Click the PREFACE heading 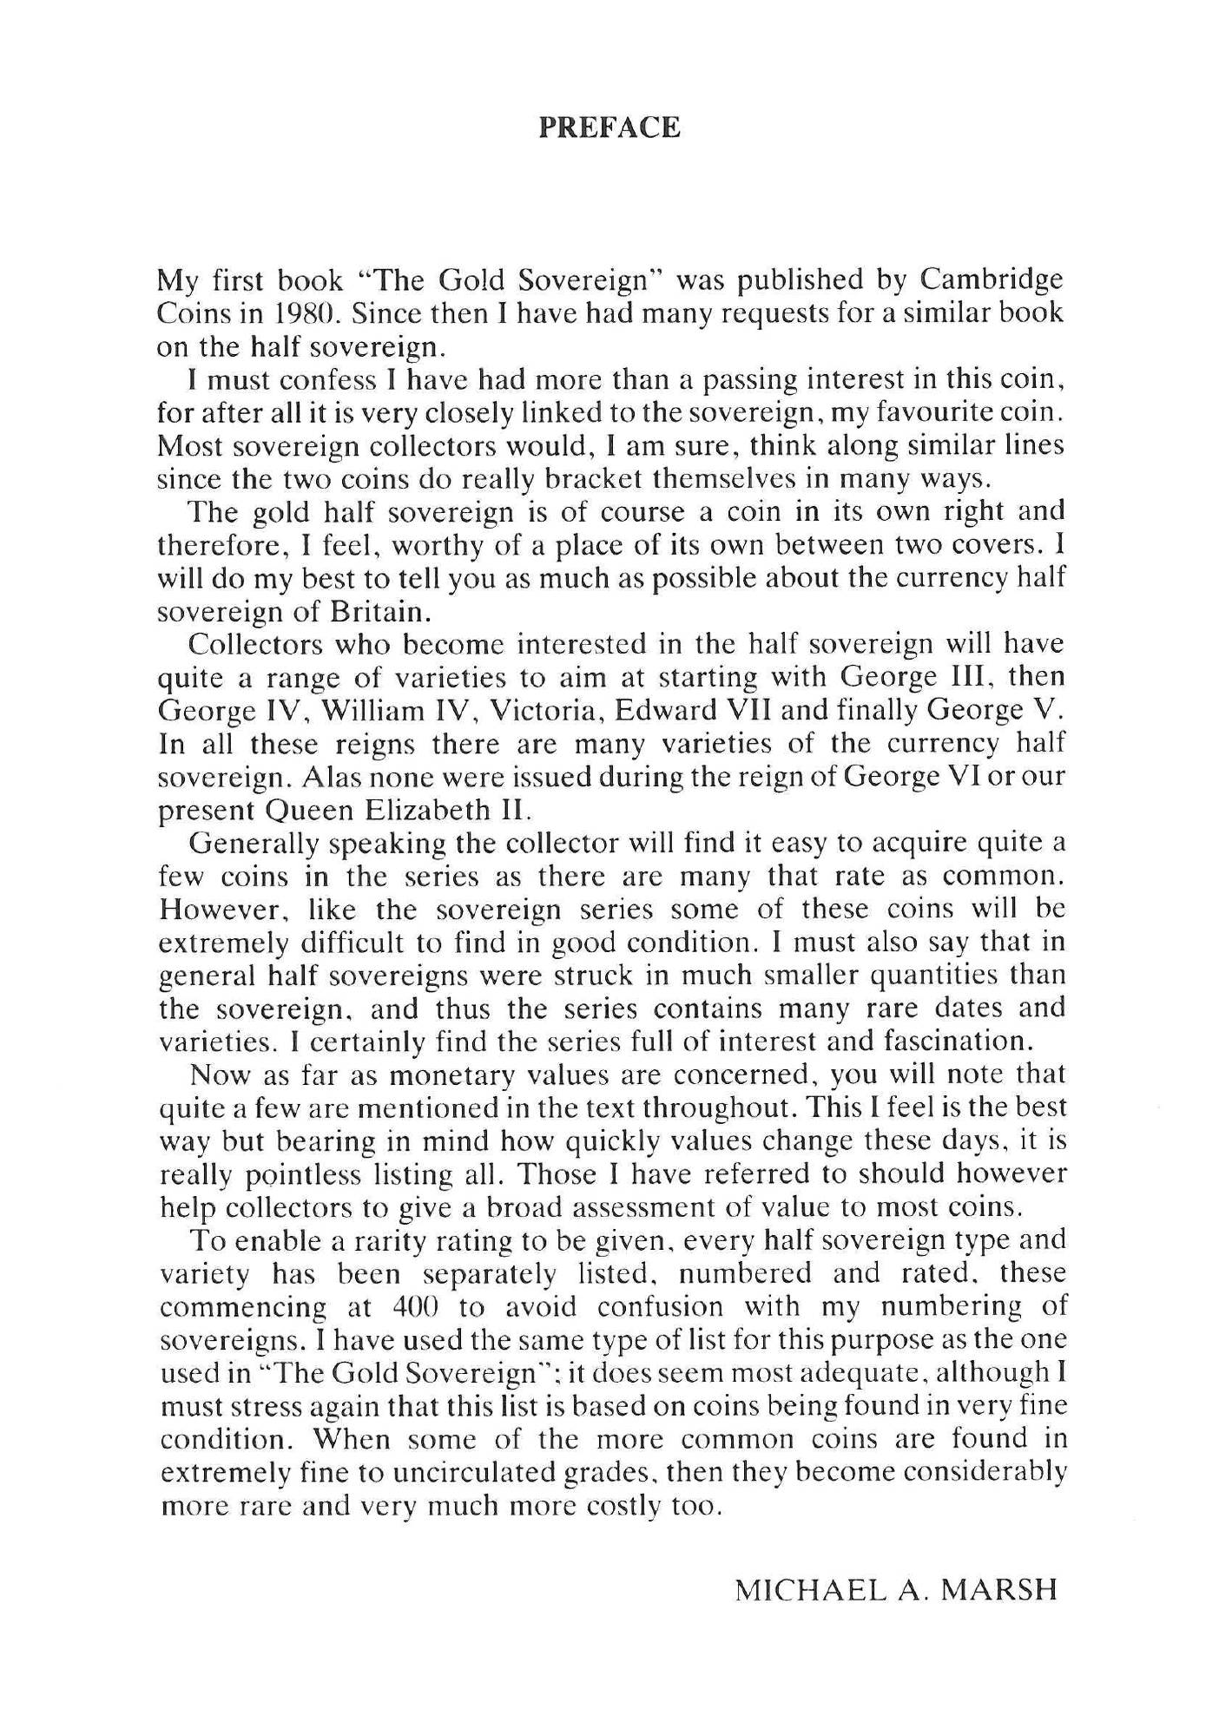click(x=609, y=128)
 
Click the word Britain click(x=380, y=612)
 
